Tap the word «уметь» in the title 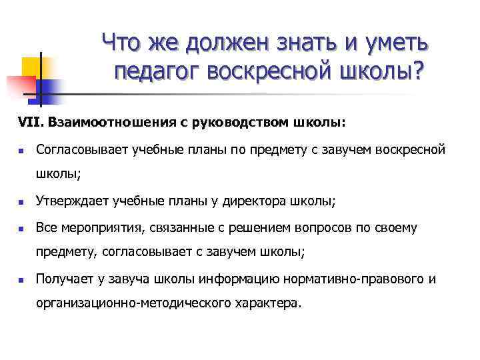(395, 43)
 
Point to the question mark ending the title (418, 71)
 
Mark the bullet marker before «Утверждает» (21, 201)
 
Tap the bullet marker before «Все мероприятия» (21, 228)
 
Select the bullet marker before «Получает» (21, 279)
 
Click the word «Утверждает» (73, 200)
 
